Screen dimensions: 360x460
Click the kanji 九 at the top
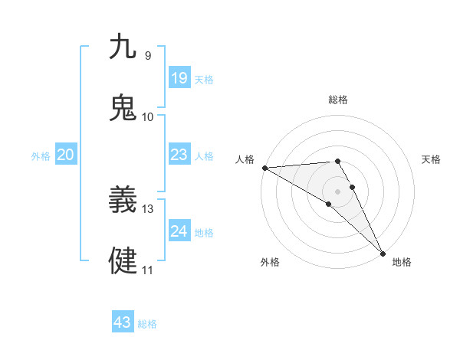click(x=123, y=47)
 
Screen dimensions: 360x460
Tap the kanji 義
click(x=123, y=201)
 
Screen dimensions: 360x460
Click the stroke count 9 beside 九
click(x=147, y=56)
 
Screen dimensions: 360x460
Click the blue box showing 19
click(x=179, y=78)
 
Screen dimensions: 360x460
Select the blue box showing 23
click(x=179, y=155)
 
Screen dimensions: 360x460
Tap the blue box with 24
click(x=179, y=231)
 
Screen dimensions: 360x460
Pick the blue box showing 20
click(x=66, y=155)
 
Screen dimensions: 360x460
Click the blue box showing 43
click(x=123, y=322)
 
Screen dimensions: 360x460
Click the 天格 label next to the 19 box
click(x=204, y=80)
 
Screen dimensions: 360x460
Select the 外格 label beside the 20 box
click(x=41, y=156)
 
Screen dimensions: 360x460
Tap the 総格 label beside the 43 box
click(x=148, y=324)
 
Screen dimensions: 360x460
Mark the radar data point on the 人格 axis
click(x=264, y=168)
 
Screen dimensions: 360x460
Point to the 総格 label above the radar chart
click(x=338, y=100)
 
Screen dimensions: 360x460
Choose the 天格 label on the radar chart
click(x=432, y=159)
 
